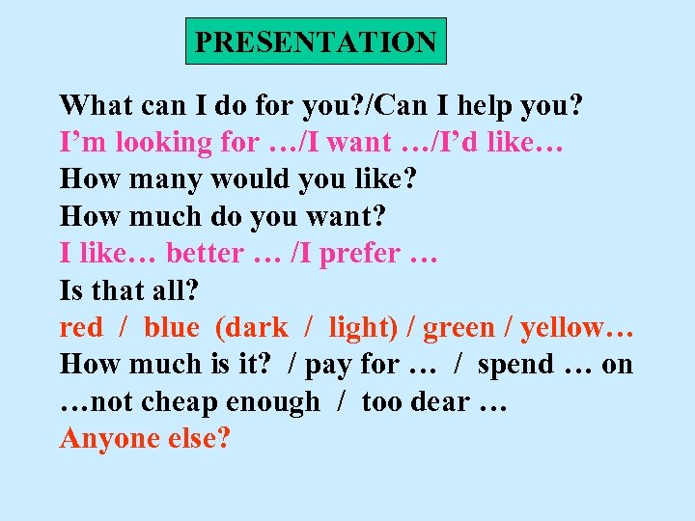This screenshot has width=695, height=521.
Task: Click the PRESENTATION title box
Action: coord(316,42)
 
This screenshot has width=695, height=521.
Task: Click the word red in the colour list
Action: coord(81,328)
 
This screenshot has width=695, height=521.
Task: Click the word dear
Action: coord(439,401)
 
